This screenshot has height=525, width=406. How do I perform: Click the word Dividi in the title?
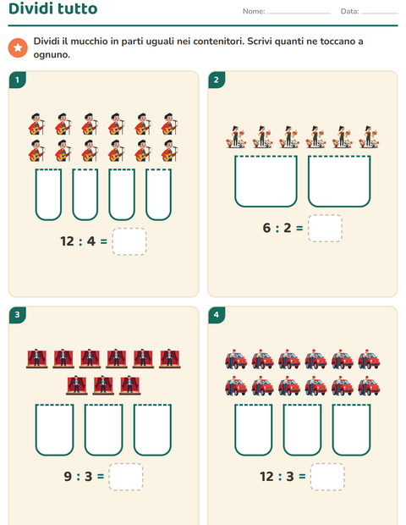coord(30,8)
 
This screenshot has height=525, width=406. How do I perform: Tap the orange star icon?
coord(18,48)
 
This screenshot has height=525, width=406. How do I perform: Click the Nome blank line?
coord(299,14)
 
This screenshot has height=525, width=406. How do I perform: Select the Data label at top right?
coord(349,11)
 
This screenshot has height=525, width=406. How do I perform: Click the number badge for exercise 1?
coord(18,80)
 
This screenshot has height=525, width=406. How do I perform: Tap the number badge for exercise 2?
coord(217,80)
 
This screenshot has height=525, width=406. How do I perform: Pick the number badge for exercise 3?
coord(18,315)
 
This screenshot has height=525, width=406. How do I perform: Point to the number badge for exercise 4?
coord(217,315)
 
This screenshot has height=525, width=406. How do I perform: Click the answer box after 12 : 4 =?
coord(129,241)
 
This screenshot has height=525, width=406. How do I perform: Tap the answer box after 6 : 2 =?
coord(325,228)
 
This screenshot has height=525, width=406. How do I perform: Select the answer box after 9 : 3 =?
coord(126,477)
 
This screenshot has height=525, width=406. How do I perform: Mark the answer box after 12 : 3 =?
coord(327,477)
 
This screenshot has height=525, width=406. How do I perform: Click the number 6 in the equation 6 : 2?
coord(266,228)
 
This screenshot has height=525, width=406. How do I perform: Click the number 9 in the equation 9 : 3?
coord(68,477)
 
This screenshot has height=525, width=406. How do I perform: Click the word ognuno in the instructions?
coord(52,55)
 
